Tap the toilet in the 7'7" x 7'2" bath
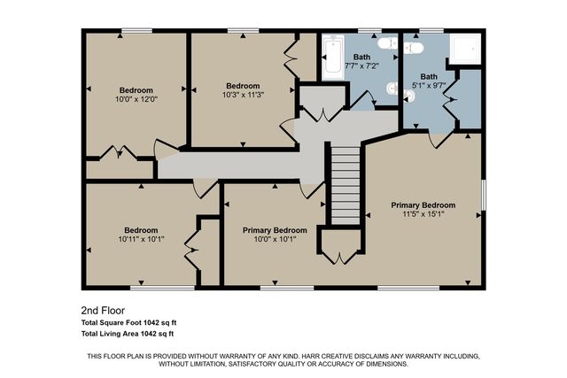386,43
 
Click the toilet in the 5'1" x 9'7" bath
408,95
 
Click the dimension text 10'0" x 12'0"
136,100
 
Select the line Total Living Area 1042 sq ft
127,334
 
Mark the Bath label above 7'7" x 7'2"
361,56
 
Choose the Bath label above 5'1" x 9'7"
429,77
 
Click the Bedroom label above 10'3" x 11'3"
241,85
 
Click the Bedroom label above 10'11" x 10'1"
140,229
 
